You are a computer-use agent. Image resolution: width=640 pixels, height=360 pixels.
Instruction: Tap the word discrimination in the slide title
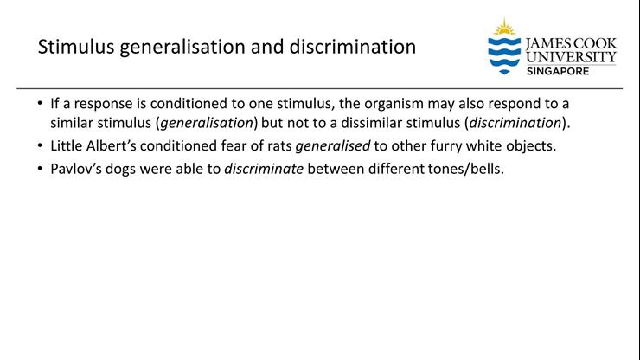(355, 47)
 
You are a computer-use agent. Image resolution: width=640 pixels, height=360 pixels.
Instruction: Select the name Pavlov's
(77, 168)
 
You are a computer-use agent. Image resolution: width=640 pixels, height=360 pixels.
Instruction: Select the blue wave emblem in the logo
(503, 55)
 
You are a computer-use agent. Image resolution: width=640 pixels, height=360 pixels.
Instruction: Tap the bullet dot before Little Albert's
(41, 145)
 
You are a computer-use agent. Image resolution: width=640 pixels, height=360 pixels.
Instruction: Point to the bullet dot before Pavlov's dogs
(41, 168)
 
